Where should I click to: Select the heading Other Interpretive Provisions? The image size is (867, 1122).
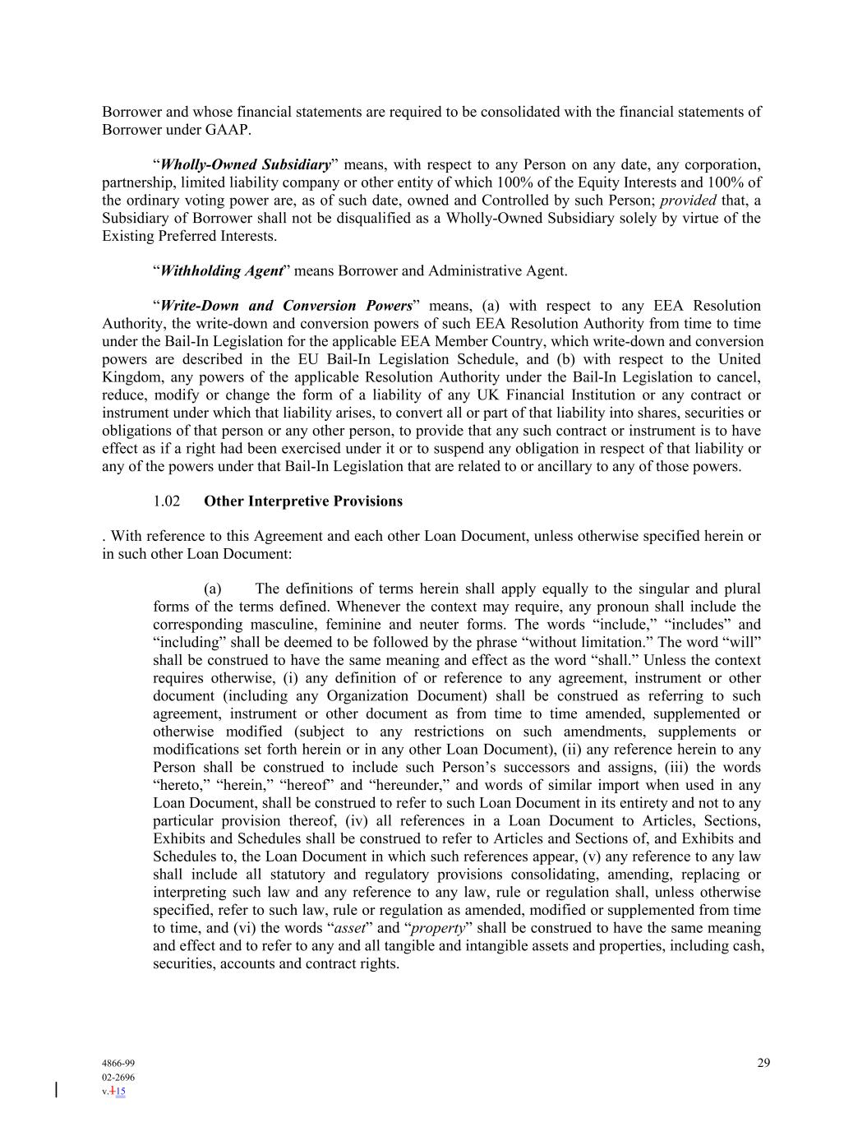pyautogui.click(x=303, y=501)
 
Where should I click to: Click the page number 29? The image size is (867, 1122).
pyautogui.click(x=763, y=1063)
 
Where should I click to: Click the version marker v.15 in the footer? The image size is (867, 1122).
pyautogui.click(x=114, y=1092)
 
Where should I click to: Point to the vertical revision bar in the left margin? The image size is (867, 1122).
pyautogui.click(x=56, y=1090)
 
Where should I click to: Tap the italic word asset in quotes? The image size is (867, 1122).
pyautogui.click(x=347, y=928)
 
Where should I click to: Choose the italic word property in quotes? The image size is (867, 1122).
pyautogui.click(x=437, y=928)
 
